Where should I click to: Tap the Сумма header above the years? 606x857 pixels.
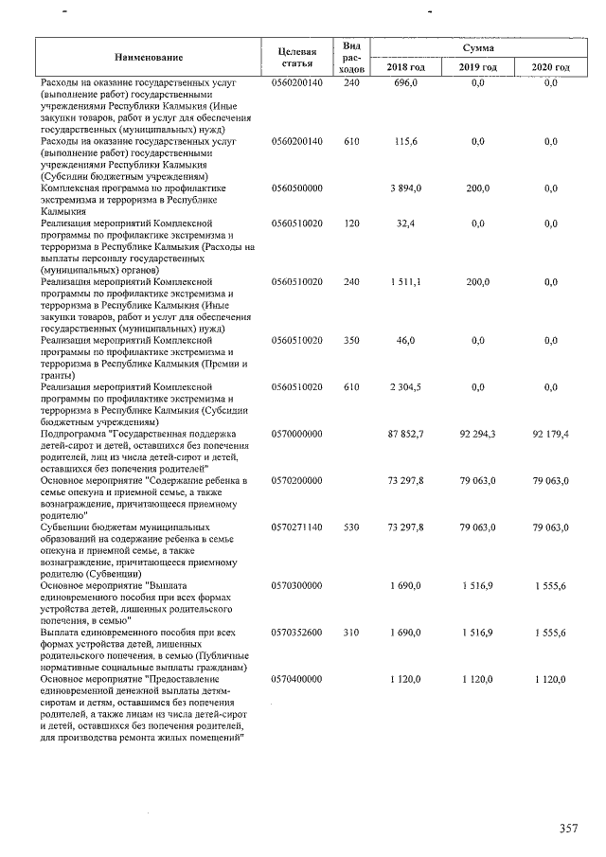(478, 47)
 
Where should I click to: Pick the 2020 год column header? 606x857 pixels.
(550, 68)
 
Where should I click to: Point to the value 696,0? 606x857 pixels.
(405, 83)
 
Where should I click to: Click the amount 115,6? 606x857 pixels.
(405, 141)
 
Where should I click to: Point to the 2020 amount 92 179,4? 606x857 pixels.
(550, 433)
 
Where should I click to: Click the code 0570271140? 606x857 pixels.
(297, 527)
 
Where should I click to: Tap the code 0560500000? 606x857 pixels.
(297, 188)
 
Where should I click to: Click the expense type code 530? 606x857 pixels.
(352, 527)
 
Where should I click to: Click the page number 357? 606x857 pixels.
(568, 829)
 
